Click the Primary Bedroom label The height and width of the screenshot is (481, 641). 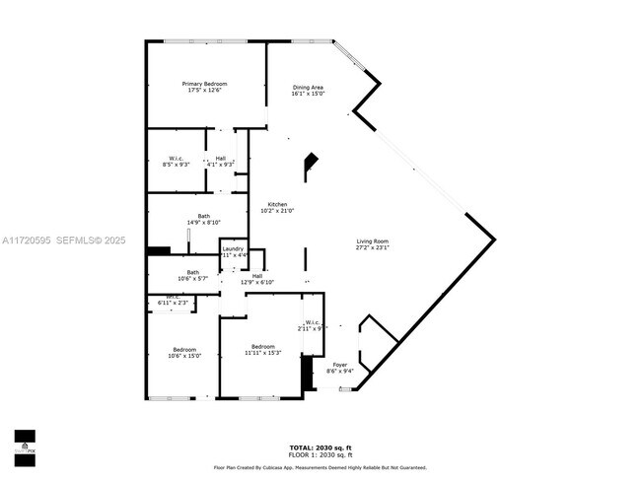click(x=205, y=85)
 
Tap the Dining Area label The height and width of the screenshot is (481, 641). click(x=308, y=88)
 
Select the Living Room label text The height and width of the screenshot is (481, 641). click(x=373, y=241)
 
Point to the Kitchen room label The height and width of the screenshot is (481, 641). click(x=277, y=204)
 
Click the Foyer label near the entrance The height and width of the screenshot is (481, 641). click(x=339, y=365)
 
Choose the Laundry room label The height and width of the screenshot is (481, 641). click(x=232, y=250)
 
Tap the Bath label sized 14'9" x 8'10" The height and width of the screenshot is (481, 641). click(x=203, y=216)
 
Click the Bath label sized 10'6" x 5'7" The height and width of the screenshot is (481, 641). click(x=193, y=272)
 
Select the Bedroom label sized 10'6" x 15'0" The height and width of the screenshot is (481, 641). click(x=184, y=350)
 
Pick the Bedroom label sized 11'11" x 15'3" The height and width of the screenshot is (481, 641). click(x=262, y=346)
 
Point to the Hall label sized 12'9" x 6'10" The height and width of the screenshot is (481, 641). click(x=257, y=276)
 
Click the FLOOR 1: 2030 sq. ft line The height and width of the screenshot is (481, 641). click(x=320, y=455)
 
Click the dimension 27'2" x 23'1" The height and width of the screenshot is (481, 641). click(x=373, y=247)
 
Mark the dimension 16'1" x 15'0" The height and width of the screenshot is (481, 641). click(x=308, y=95)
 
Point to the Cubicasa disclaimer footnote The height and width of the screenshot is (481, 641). click(x=320, y=467)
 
